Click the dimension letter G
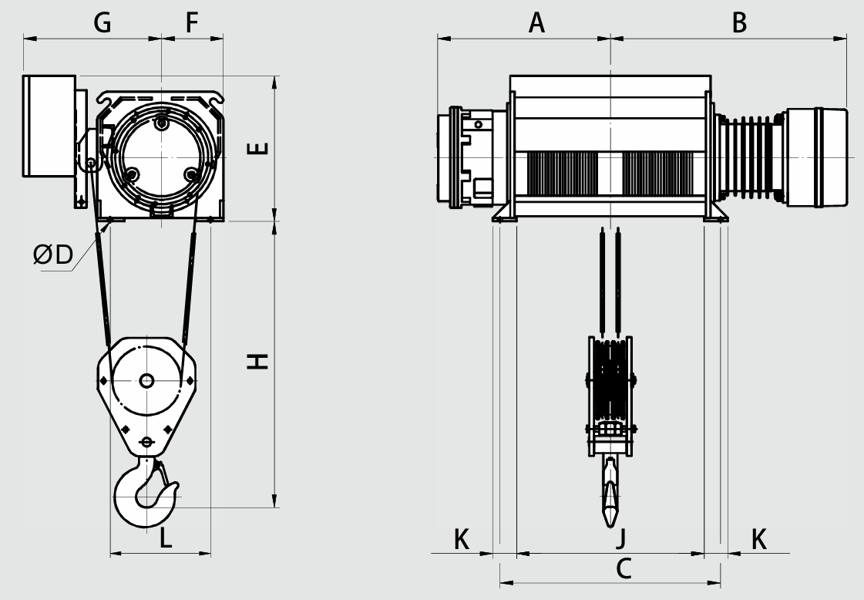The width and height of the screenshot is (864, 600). pyautogui.click(x=103, y=22)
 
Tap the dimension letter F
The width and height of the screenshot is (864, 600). pyautogui.click(x=191, y=22)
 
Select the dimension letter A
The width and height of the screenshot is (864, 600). pyautogui.click(x=536, y=22)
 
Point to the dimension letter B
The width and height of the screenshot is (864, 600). pyautogui.click(x=739, y=22)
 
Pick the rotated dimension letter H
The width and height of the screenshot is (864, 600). pyautogui.click(x=257, y=361)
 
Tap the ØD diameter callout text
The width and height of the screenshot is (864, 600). pyautogui.click(x=53, y=254)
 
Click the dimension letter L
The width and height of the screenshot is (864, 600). pyautogui.click(x=165, y=538)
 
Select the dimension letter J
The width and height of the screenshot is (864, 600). pyautogui.click(x=621, y=538)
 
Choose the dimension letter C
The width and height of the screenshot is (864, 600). pyautogui.click(x=624, y=568)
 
